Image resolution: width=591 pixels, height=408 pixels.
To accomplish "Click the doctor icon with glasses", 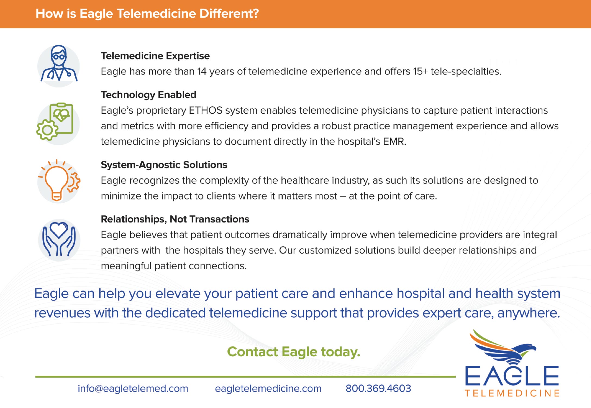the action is tap(59, 64).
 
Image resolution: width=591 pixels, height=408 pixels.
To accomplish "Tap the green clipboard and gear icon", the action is tap(55, 121).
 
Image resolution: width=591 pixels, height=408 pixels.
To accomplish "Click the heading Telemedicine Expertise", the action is tap(155, 56).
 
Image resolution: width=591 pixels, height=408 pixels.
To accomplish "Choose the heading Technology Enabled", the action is tap(148, 95).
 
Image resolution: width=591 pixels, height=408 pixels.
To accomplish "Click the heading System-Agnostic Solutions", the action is tap(164, 165).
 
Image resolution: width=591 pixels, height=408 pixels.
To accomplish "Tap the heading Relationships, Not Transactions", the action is tap(175, 219).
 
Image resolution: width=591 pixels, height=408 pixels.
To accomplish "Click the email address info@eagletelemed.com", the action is tap(133, 389).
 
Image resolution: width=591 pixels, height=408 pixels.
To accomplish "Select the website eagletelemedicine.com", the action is tap(268, 389).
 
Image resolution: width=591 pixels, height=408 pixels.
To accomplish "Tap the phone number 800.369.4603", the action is tap(378, 388).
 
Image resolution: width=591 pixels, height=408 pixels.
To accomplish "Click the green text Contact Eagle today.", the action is tap(294, 352).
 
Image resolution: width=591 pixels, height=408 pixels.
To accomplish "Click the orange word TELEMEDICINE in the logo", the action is tap(512, 393).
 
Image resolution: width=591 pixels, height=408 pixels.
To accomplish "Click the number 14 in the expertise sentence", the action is tap(202, 72).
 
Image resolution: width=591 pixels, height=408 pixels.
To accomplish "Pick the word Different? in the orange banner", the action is tap(229, 14).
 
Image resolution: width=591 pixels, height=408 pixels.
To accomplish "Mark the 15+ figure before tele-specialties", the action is tap(420, 72).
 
